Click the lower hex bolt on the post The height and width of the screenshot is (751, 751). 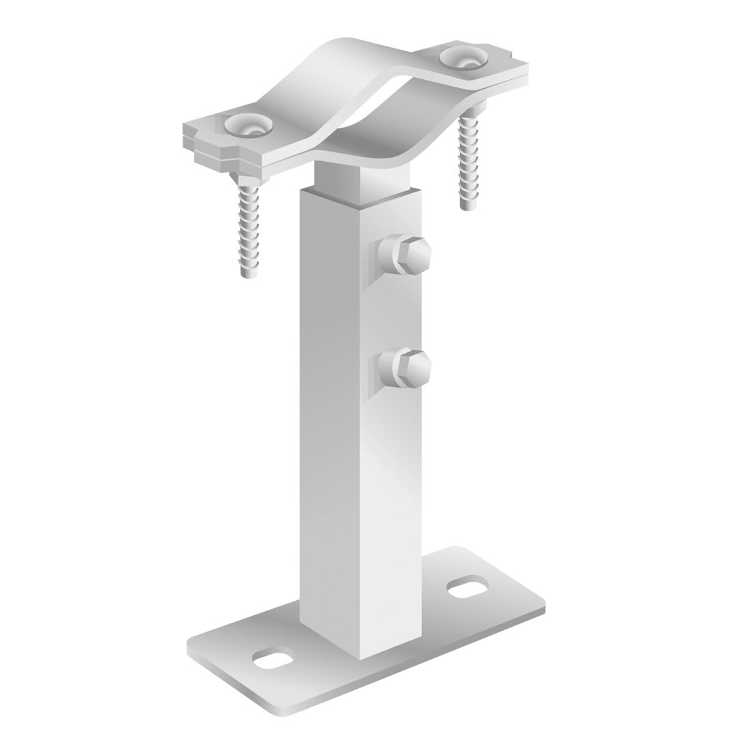coord(411,366)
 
